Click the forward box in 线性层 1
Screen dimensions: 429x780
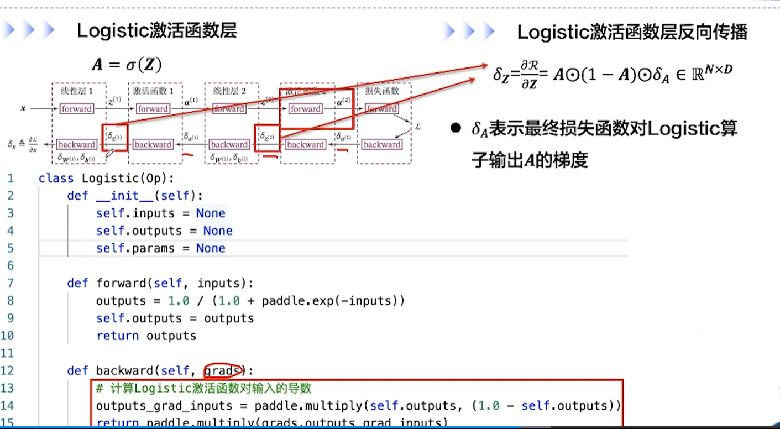click(x=76, y=109)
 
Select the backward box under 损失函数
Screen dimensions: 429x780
click(x=381, y=145)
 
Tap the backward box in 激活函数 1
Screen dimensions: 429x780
click(x=153, y=145)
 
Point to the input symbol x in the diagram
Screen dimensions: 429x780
click(x=23, y=109)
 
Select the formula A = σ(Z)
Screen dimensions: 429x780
click(x=126, y=65)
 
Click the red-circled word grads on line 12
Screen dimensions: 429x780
click(x=223, y=370)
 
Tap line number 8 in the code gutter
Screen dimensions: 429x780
click(x=11, y=301)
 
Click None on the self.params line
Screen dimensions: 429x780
click(x=211, y=248)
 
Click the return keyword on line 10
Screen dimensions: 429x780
click(x=117, y=336)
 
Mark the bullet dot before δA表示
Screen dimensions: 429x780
click(x=455, y=129)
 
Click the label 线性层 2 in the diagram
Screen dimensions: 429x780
click(x=229, y=91)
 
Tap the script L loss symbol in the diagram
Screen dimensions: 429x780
click(x=417, y=127)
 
